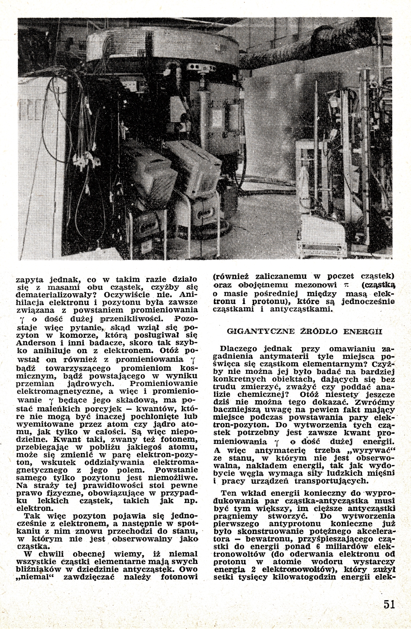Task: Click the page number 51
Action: coord(389,604)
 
